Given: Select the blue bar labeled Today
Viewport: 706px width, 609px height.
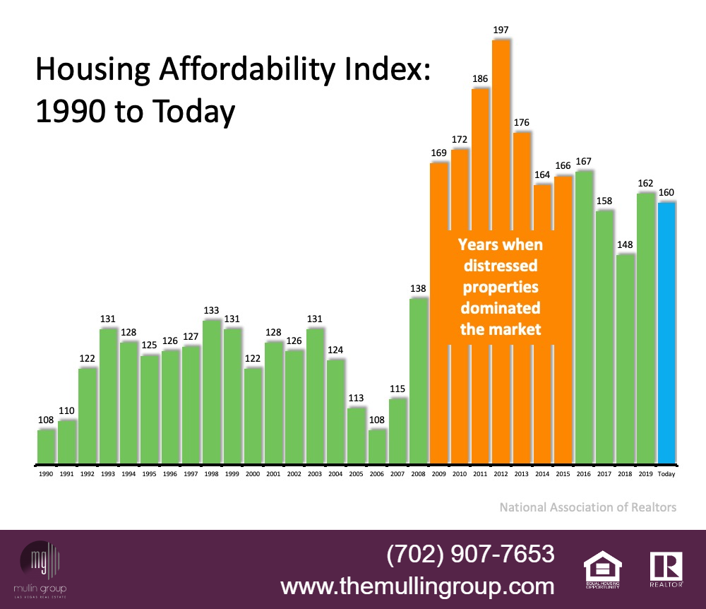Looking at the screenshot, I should (666, 332).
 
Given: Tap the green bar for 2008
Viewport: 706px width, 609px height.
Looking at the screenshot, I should (419, 382).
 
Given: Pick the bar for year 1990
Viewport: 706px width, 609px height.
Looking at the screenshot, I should (46, 447).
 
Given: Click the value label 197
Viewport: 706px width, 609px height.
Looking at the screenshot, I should (501, 30).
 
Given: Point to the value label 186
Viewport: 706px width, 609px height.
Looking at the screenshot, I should (480, 78).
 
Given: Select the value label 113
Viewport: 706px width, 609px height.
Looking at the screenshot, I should (357, 397).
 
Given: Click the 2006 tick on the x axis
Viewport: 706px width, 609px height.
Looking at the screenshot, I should (377, 475).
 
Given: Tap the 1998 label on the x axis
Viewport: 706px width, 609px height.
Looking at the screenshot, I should (212, 475).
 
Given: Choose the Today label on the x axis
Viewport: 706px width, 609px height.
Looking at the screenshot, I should (666, 475).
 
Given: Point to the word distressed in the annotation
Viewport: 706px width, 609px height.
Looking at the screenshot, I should (500, 266).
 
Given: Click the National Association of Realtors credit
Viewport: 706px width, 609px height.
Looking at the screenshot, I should (587, 507).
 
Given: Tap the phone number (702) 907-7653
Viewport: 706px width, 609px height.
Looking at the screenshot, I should (470, 554).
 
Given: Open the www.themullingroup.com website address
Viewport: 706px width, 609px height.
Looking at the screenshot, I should (417, 586).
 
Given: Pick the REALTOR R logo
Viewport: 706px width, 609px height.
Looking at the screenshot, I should (666, 569).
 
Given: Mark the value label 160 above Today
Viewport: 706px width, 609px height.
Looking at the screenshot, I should (666, 192).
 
